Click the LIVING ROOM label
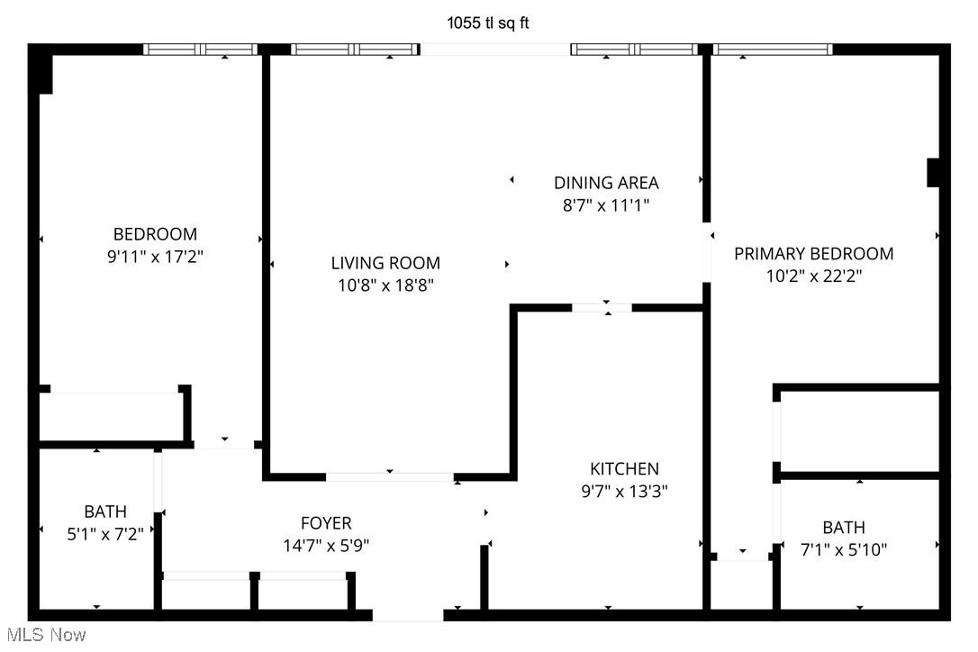coord(385,263)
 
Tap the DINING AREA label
coord(606,183)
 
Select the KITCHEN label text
coord(624,469)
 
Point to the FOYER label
coord(326,523)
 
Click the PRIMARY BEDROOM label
coord(813,254)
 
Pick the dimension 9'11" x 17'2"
coord(154,257)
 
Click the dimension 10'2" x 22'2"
coord(813,276)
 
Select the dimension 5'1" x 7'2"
coord(105,534)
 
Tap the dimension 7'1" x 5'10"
coord(843,549)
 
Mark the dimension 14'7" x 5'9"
coord(326,545)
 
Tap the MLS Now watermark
coord(44,635)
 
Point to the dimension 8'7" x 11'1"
coord(606,205)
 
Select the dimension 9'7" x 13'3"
coord(624,492)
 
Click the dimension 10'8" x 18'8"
coord(385,285)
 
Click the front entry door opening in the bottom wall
coord(408,616)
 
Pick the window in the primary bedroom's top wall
coord(773,50)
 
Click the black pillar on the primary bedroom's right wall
coord(934,173)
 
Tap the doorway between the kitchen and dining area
coord(602,308)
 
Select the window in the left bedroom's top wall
coord(201,50)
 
